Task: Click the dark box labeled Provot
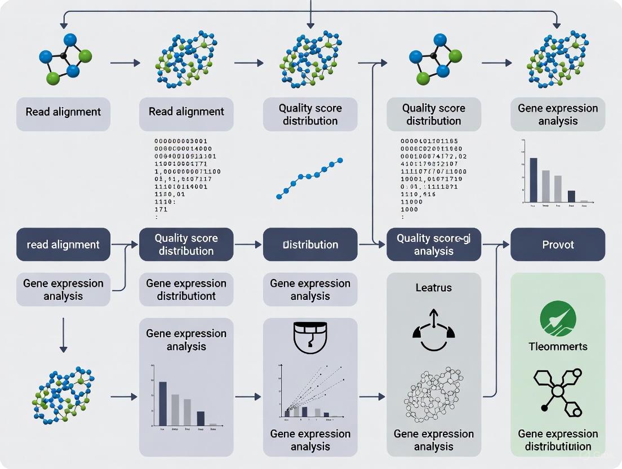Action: coord(558,245)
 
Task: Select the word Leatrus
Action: coord(433,287)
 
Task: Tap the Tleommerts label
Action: coord(558,347)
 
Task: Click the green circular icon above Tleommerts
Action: coord(558,319)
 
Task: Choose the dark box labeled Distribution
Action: coord(310,245)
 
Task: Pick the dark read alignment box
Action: coord(63,245)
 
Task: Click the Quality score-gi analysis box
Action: coord(433,245)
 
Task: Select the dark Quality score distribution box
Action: coord(186,245)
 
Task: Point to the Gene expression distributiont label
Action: coord(186,290)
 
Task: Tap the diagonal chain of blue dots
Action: coord(309,179)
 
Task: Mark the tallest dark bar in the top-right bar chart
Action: coord(533,180)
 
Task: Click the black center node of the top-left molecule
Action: coord(64,56)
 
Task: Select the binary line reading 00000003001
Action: coord(181,141)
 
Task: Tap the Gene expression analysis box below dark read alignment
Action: coord(63,290)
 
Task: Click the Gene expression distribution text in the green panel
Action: coord(558,440)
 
